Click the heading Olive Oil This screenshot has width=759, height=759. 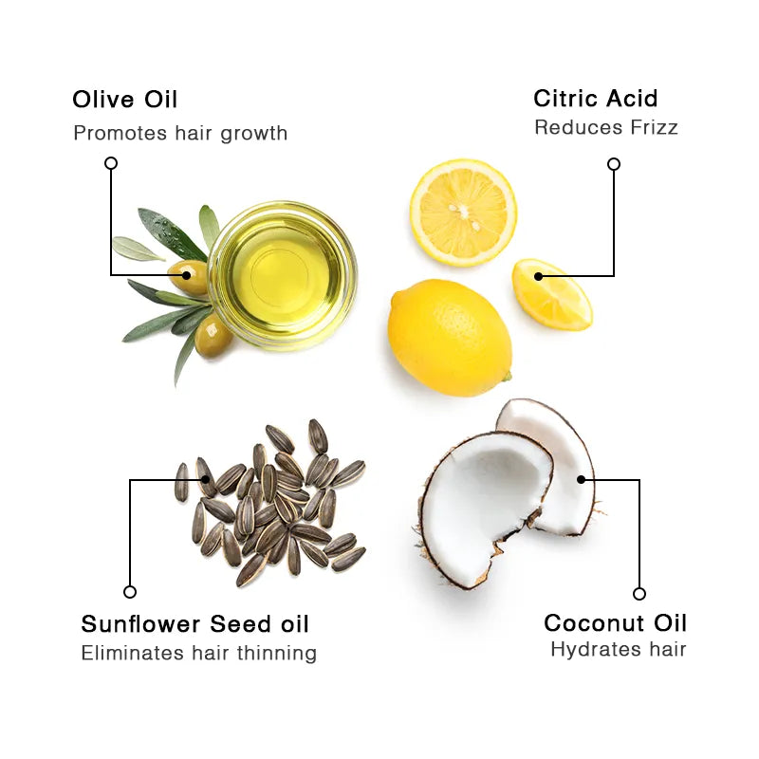click(x=124, y=100)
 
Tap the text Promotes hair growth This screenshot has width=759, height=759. click(x=180, y=133)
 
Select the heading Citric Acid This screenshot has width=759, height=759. click(x=595, y=98)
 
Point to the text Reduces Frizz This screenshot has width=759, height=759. click(x=605, y=127)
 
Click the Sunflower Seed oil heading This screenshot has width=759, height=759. click(x=194, y=623)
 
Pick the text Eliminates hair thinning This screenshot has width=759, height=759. click(x=198, y=653)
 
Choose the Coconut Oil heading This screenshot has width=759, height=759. click(x=615, y=623)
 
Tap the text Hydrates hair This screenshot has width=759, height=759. click(x=618, y=650)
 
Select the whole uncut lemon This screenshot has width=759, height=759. click(x=449, y=337)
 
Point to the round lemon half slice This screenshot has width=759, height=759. click(x=463, y=212)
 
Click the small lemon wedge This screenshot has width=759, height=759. click(x=553, y=296)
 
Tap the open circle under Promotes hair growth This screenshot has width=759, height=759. click(x=111, y=163)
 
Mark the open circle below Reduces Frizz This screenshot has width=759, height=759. click(x=614, y=164)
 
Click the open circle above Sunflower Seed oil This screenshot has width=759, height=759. click(x=130, y=592)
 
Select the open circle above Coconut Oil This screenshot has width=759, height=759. click(x=639, y=594)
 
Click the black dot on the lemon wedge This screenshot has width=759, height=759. click(x=538, y=276)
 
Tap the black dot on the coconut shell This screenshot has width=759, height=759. click(x=581, y=480)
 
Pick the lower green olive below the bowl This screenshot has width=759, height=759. click(x=213, y=338)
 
